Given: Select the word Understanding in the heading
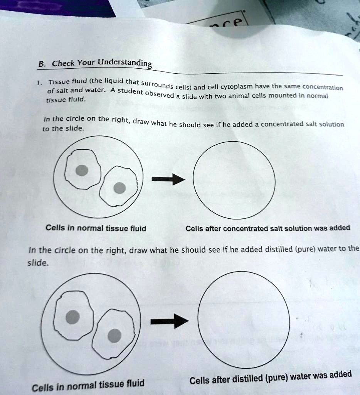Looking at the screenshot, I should (125, 62).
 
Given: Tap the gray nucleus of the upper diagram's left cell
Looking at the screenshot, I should (82, 170).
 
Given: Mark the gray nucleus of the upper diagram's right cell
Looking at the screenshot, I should (120, 188).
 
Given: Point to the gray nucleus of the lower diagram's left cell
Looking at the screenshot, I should (72, 317).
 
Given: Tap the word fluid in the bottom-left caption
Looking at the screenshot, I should (133, 384).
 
